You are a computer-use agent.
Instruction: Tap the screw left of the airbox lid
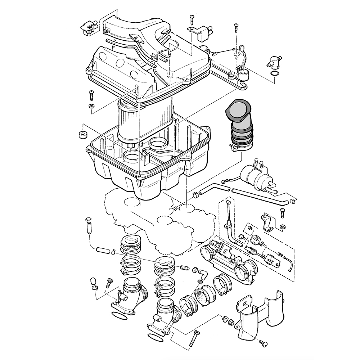click(x=91, y=95)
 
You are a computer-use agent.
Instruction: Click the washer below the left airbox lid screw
click(x=91, y=106)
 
